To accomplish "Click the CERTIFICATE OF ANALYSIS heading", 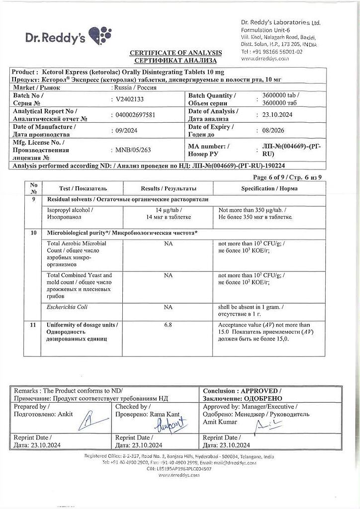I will [x=176, y=53].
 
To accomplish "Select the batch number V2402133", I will [x=126, y=98].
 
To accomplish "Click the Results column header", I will [x=169, y=189].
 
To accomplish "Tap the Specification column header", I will [x=270, y=189].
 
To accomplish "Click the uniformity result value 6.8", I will [x=168, y=325].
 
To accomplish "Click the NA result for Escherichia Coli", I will [x=168, y=307].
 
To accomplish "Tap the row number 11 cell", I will [x=34, y=325].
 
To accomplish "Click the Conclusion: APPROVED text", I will [x=242, y=391].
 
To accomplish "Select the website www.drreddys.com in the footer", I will [x=179, y=475].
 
